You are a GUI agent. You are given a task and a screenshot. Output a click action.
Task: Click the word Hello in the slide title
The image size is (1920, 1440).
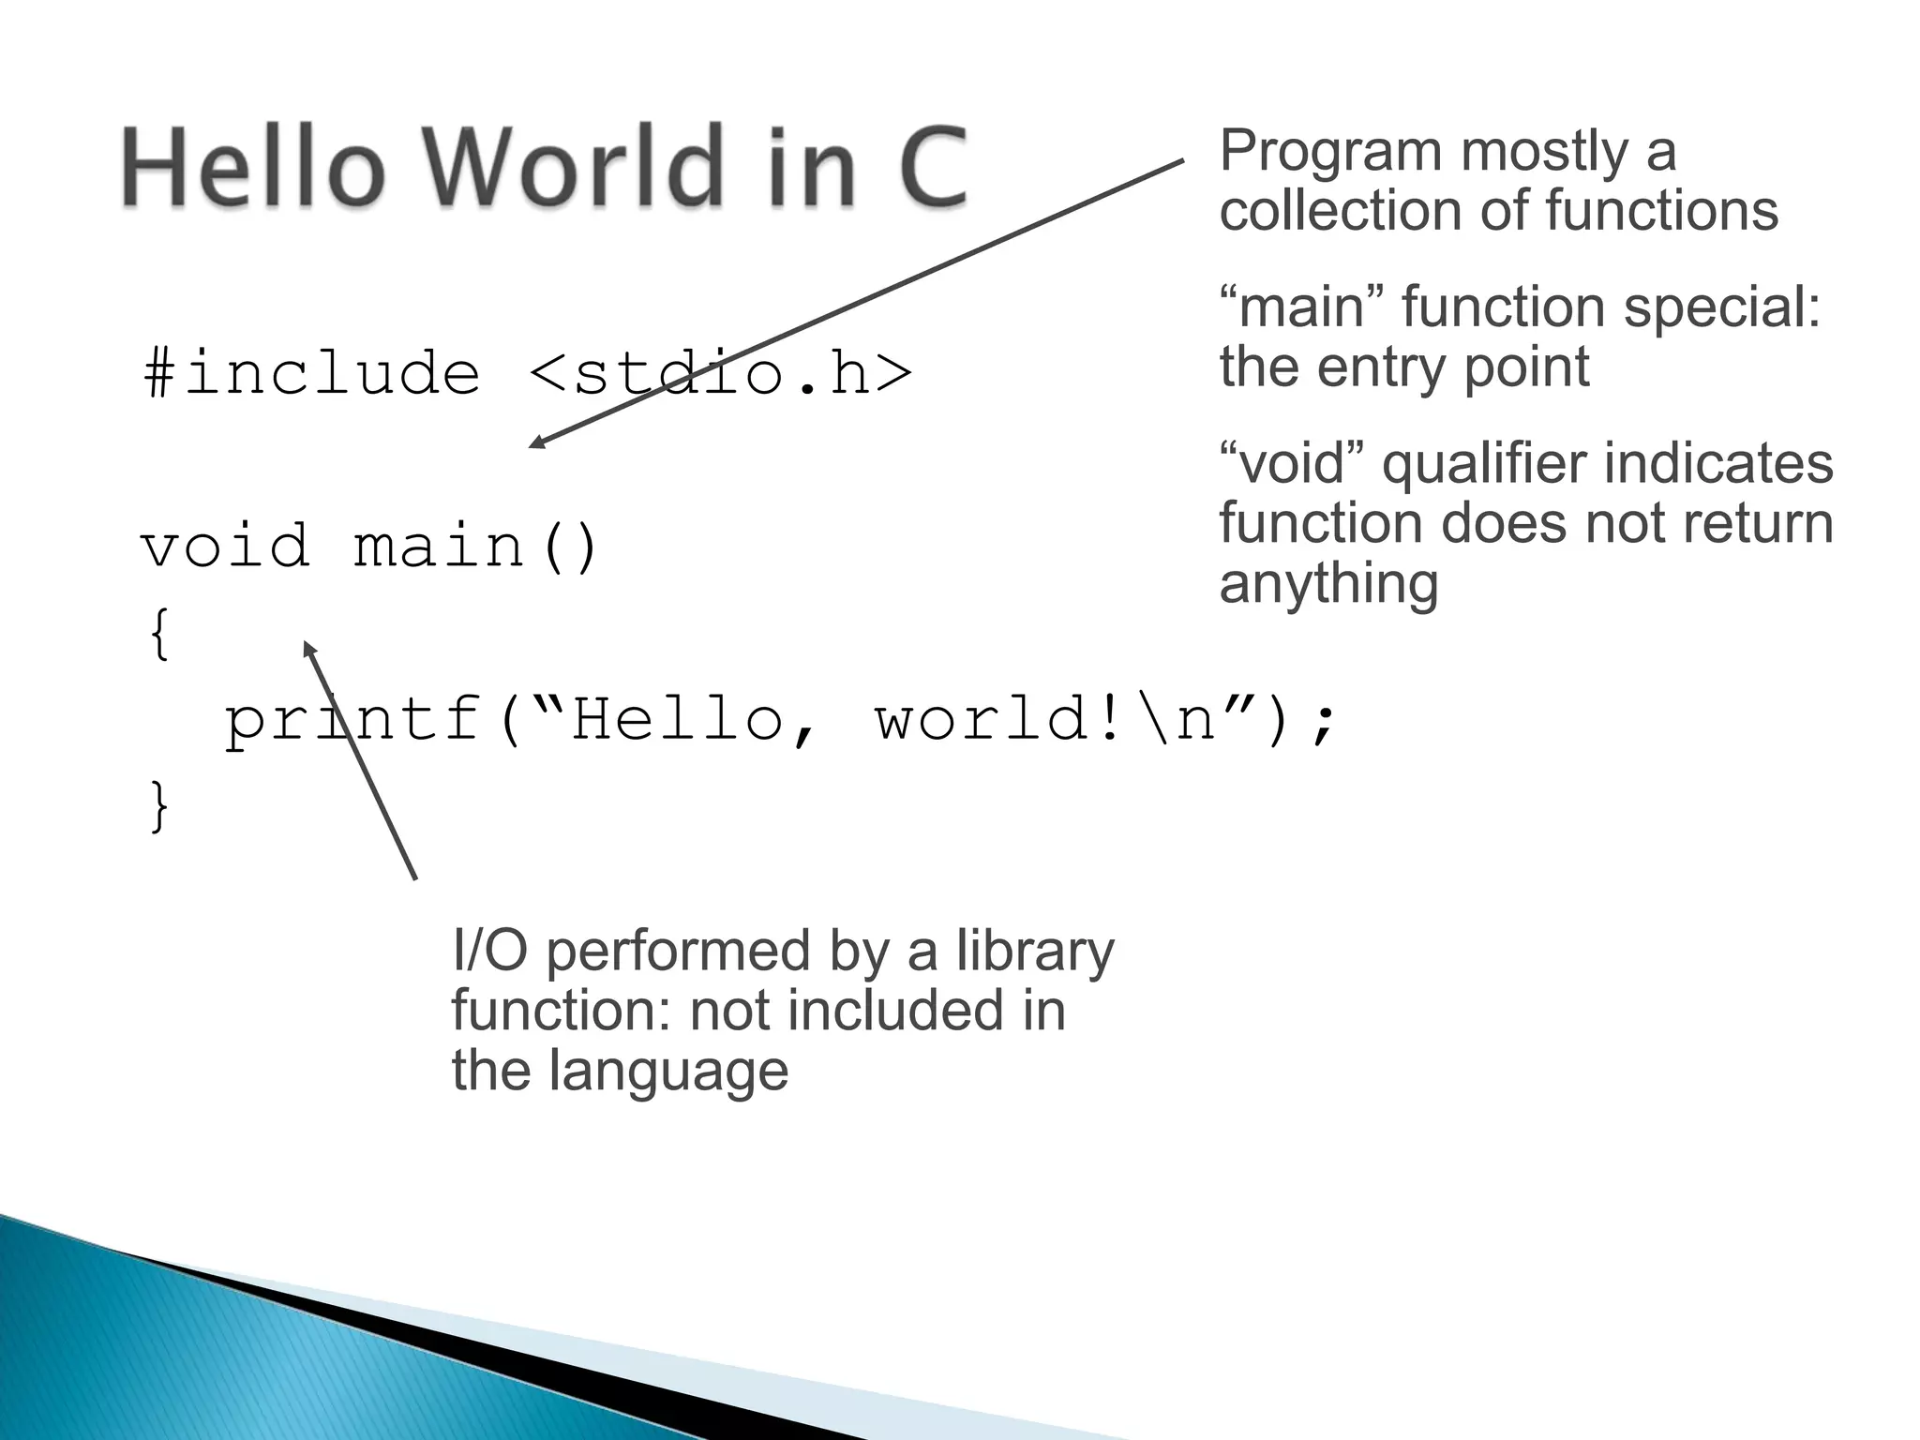(x=253, y=167)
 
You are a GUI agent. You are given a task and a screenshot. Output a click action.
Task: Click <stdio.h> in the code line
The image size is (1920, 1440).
(x=720, y=373)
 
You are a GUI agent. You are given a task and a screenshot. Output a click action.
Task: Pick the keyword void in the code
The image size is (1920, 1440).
(x=225, y=546)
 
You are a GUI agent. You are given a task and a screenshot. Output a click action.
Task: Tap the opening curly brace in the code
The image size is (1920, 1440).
(x=160, y=634)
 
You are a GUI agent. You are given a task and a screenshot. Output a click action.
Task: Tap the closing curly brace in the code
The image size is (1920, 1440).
(x=160, y=806)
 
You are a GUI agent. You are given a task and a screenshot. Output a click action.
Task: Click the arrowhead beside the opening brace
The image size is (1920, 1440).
(x=308, y=648)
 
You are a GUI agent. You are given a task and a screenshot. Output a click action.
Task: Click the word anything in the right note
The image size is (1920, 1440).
(x=1328, y=583)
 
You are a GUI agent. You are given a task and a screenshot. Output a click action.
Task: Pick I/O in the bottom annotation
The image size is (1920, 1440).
(x=488, y=951)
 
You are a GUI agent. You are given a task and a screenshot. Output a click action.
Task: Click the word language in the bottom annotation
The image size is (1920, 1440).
(x=667, y=1071)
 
